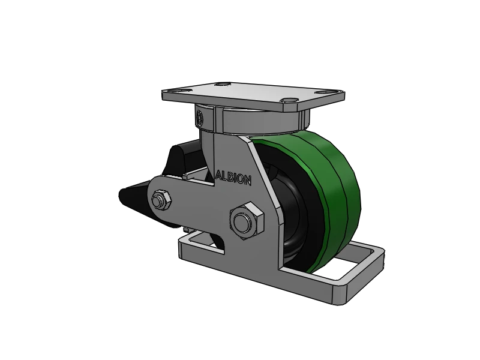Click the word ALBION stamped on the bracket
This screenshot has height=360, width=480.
(234, 177)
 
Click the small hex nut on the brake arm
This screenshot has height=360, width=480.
(161, 200)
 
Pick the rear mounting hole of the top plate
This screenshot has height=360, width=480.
(224, 85)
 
